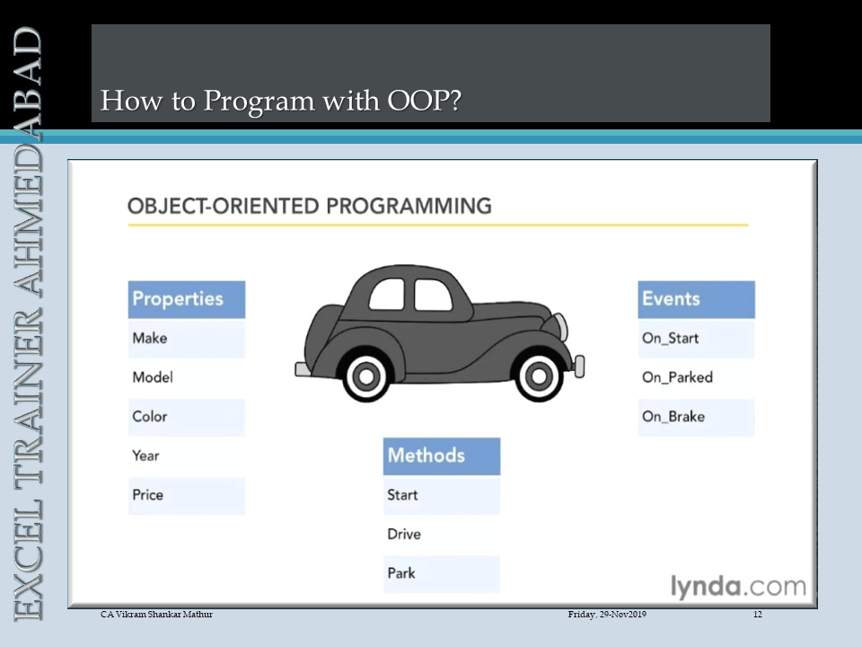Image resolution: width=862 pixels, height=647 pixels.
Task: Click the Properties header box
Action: click(x=187, y=299)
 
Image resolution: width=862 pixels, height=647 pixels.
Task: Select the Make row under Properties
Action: click(x=187, y=339)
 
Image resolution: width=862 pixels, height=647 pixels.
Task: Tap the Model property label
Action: click(x=153, y=377)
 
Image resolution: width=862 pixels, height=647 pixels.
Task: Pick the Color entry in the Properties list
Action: click(x=187, y=417)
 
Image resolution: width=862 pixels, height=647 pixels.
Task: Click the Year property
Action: click(x=145, y=456)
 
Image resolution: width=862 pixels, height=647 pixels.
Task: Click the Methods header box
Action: click(x=442, y=456)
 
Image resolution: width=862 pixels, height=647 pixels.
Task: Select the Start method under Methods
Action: click(x=442, y=496)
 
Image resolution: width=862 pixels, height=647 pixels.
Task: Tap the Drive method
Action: click(x=404, y=534)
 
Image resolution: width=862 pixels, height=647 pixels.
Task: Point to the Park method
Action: click(x=442, y=574)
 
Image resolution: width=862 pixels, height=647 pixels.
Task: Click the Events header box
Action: click(x=696, y=299)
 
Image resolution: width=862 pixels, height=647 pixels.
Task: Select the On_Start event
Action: click(x=696, y=339)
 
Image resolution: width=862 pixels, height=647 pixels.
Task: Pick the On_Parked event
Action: click(x=677, y=377)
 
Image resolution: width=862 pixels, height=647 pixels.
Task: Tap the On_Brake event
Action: click(x=696, y=417)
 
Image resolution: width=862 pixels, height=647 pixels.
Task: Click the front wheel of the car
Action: click(x=539, y=377)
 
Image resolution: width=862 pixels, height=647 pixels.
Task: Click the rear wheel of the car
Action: click(x=366, y=377)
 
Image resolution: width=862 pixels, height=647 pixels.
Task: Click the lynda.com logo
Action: click(x=738, y=587)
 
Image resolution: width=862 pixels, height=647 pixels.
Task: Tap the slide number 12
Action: click(x=758, y=615)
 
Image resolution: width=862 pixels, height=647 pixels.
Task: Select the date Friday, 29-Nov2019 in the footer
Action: click(x=607, y=615)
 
